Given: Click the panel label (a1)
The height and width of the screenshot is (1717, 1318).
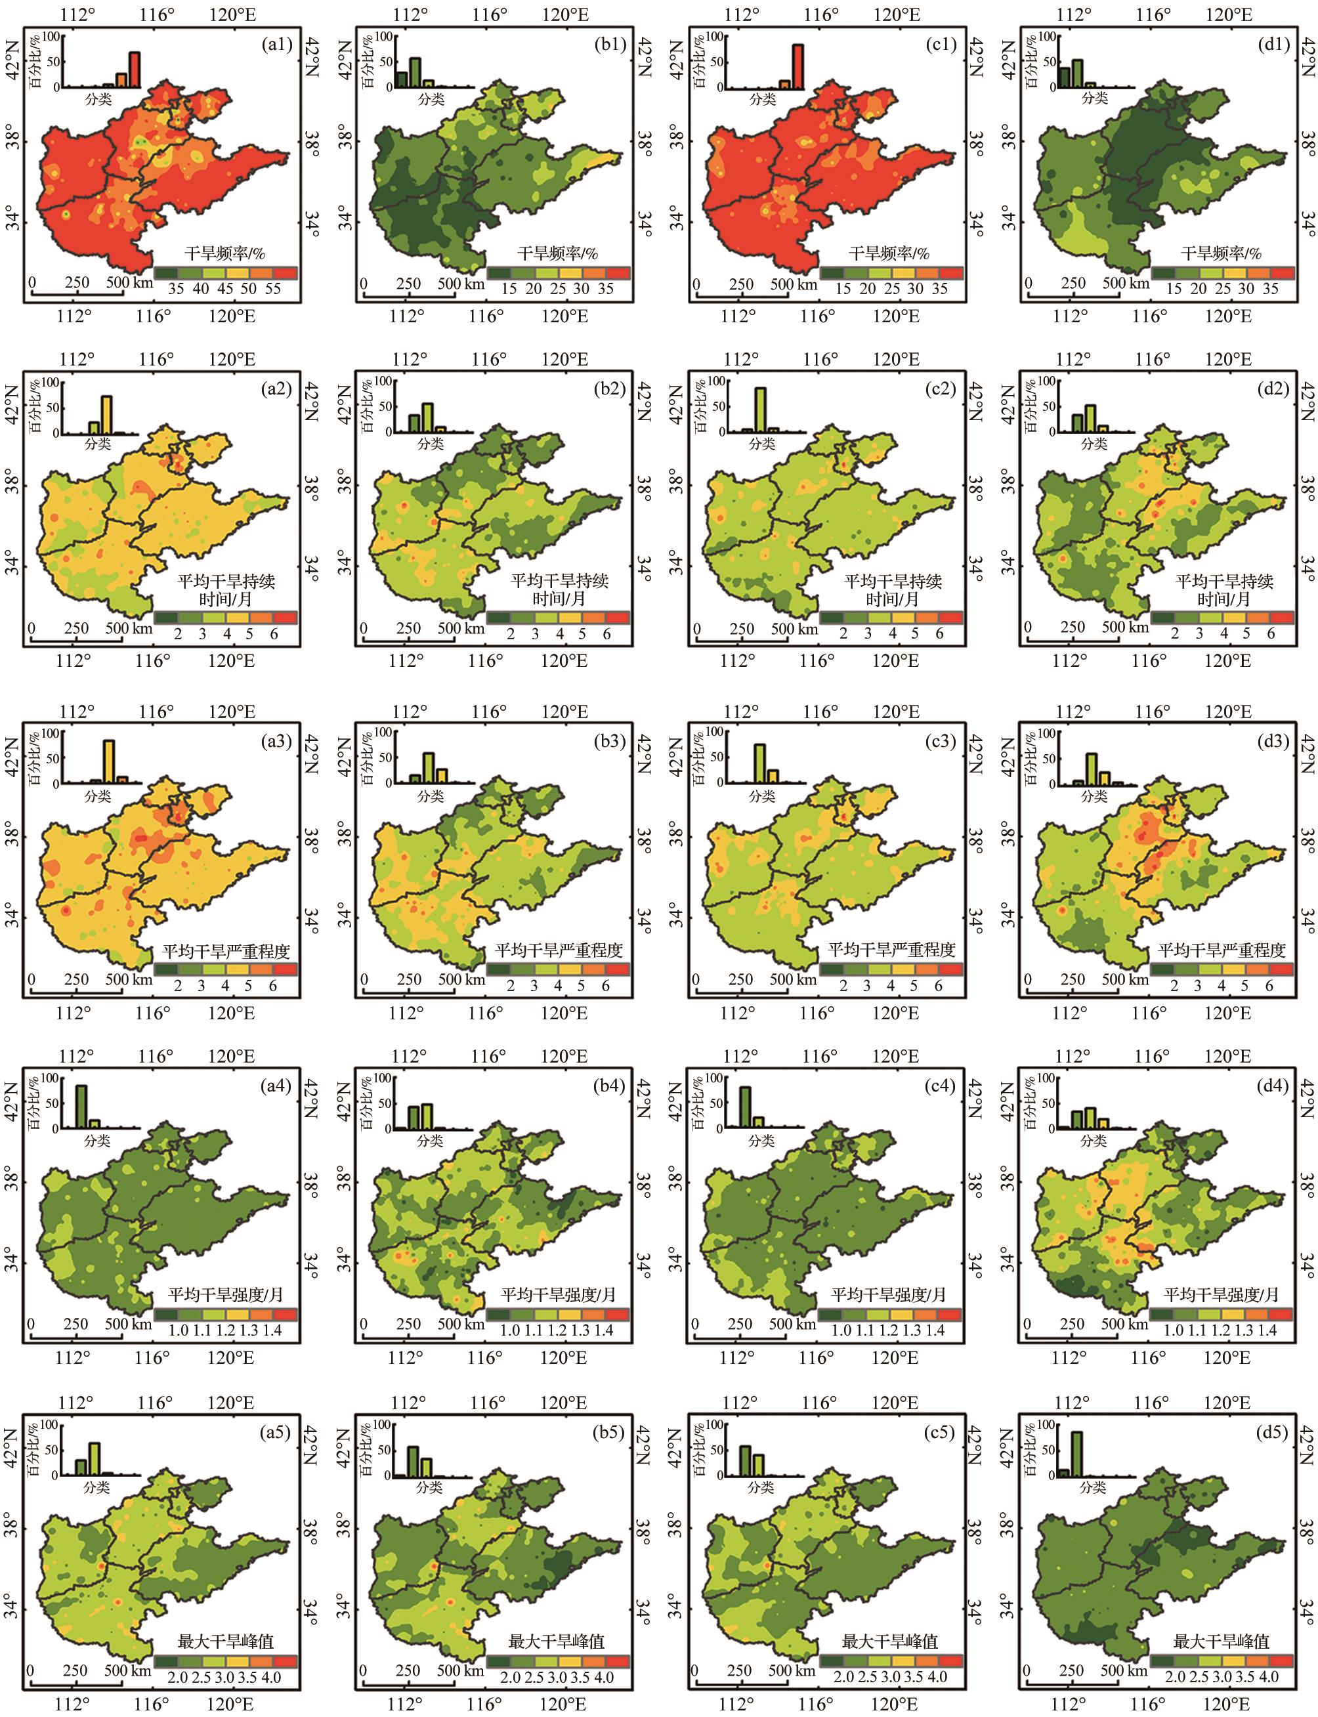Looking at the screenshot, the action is pos(276,45).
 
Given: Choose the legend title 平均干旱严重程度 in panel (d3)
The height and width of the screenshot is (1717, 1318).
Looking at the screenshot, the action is pos(1222,950).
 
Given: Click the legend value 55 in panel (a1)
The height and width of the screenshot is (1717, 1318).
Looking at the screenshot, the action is pos(273,288).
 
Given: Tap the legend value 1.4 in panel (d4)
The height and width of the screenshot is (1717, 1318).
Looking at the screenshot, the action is pos(1268,1330).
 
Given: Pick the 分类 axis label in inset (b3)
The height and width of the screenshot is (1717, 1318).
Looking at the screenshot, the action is pos(430,796).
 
